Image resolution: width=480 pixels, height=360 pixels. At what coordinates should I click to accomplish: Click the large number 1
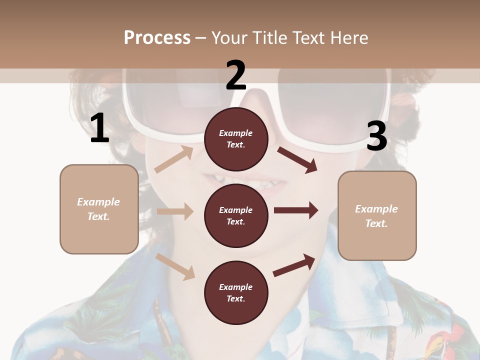coord(99,128)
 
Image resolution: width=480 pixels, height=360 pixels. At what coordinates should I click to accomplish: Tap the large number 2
coord(236,75)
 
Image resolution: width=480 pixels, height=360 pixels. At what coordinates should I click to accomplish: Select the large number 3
coord(376,136)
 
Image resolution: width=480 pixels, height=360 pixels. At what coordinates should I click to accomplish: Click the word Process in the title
coord(157,37)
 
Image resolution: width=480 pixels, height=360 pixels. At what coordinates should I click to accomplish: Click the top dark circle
coord(236,138)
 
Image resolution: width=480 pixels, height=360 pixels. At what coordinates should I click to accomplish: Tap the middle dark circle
coord(236,215)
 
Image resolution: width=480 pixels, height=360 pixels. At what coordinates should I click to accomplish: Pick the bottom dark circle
coord(236,292)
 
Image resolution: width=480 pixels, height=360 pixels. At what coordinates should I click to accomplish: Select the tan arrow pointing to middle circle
coord(175,211)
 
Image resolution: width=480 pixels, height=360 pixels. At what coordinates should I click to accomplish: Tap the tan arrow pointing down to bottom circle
coord(175,266)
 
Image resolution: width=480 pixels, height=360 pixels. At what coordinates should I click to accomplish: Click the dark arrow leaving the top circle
coord(297,159)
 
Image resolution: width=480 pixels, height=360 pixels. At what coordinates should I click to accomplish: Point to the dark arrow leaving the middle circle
coord(296,210)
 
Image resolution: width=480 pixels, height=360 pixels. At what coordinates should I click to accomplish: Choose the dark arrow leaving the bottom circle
coord(294,265)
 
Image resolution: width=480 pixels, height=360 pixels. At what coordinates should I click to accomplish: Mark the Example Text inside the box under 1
coord(98,209)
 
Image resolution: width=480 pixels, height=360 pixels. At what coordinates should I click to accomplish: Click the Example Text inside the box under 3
coord(376,216)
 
